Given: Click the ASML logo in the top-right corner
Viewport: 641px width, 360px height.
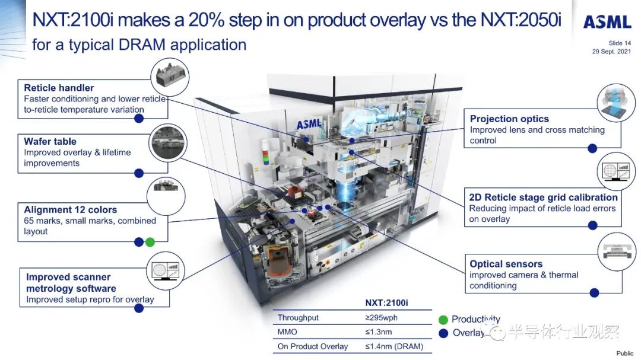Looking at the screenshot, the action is (608, 22).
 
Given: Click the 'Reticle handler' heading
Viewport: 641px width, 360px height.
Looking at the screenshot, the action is (59, 88).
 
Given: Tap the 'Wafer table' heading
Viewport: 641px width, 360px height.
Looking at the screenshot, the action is (50, 141).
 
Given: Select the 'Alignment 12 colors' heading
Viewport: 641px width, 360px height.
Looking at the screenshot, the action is (70, 209).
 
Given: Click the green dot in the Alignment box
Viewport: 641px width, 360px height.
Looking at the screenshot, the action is (150, 243).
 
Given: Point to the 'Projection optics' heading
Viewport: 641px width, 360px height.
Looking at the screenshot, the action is (509, 119).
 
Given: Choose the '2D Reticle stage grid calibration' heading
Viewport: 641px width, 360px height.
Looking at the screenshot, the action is (543, 197).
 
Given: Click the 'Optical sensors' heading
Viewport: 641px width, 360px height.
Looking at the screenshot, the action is (506, 264).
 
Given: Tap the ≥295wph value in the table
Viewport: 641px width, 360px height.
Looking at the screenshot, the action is (382, 317).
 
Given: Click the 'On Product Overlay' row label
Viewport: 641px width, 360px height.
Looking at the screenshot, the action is (313, 346).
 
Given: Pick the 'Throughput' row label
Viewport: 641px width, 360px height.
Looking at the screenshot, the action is (298, 317).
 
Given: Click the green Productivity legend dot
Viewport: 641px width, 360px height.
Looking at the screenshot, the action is (443, 320).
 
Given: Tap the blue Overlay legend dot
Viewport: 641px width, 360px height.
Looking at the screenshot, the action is (443, 333).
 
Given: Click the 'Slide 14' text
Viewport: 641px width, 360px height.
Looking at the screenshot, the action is (620, 43).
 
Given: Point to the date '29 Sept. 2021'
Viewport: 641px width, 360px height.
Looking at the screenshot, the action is (611, 52).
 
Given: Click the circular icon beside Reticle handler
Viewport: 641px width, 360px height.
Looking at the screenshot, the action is (170, 77).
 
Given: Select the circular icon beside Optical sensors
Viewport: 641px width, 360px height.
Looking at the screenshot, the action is (617, 251).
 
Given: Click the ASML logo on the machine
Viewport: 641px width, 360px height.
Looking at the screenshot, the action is (309, 124).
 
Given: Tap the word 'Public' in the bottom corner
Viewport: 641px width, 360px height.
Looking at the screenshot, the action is (625, 353).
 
